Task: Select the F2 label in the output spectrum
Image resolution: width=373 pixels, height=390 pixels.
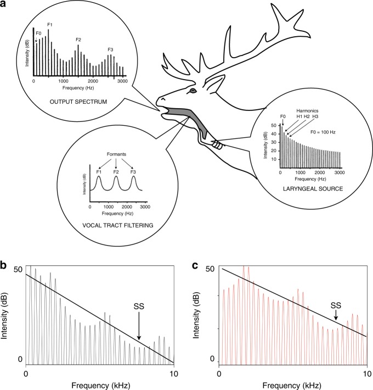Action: coord(78,40)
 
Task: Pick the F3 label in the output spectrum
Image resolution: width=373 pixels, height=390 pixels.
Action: coord(110,49)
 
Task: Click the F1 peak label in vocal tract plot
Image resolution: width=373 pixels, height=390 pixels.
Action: coord(99,172)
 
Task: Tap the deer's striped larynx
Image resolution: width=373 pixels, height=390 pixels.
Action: coord(217,145)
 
